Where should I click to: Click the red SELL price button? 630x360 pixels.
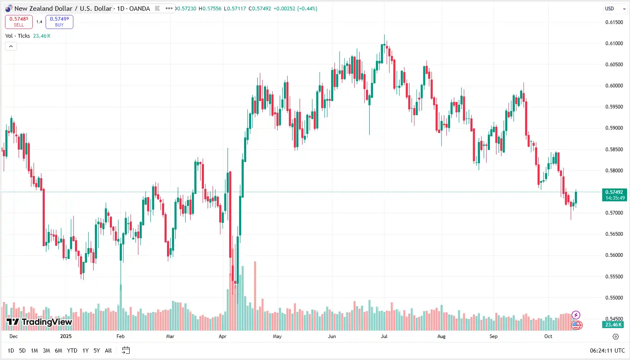[19, 22]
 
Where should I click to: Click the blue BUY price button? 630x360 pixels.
[59, 22]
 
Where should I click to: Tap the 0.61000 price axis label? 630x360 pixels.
[614, 43]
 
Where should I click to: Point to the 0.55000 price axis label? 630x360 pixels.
[614, 298]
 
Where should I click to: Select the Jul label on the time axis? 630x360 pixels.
[384, 336]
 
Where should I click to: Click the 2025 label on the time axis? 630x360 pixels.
[66, 336]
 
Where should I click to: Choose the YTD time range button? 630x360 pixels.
[72, 350]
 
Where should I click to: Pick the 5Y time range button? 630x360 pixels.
[97, 350]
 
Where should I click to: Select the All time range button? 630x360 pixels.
[108, 350]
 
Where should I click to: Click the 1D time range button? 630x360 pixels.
[11, 350]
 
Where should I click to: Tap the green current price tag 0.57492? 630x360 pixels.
[614, 195]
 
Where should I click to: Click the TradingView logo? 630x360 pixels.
[39, 322]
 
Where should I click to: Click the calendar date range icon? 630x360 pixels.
[126, 350]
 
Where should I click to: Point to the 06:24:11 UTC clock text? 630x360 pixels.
[607, 350]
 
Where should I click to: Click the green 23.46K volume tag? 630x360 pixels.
[613, 325]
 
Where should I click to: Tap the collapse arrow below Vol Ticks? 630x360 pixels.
[11, 46]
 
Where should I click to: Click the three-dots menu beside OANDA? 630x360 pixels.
[169, 8]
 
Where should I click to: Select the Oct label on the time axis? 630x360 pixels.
[548, 336]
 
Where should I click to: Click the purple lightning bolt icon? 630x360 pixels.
[576, 315]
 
